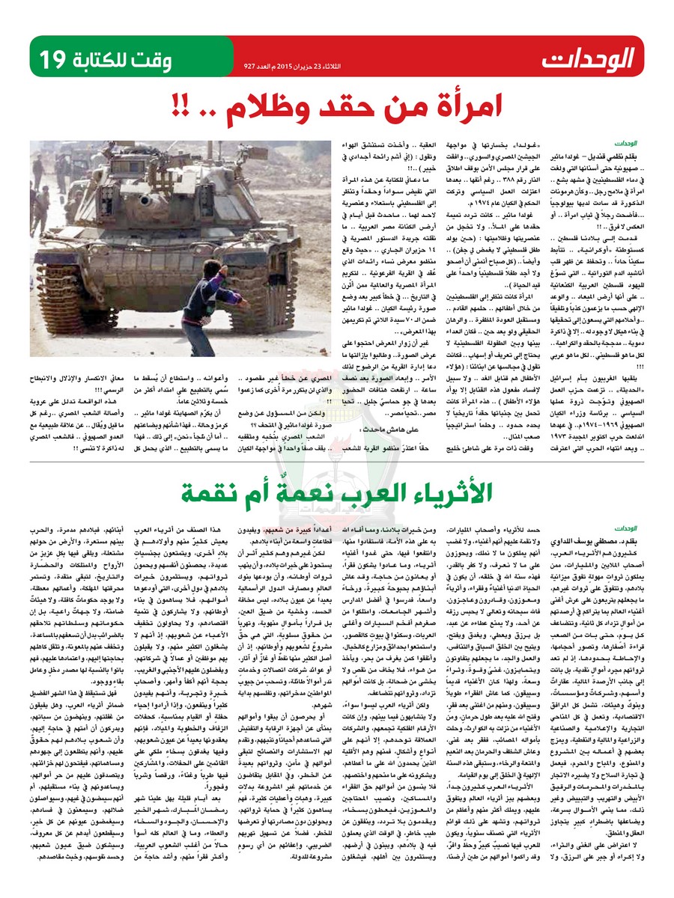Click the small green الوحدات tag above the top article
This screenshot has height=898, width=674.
tap(625, 141)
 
